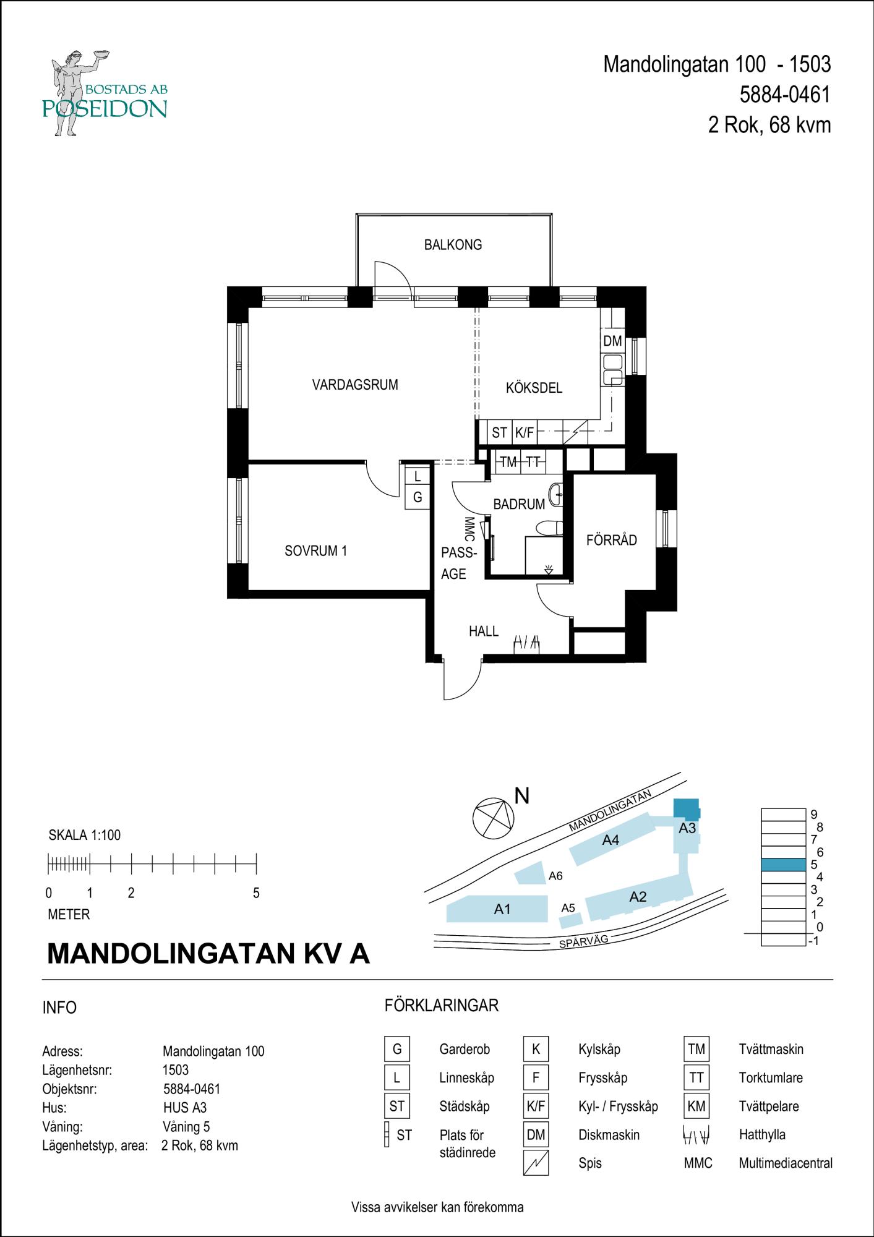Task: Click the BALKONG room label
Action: coord(453,245)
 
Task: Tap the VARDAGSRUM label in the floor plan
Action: coord(355,385)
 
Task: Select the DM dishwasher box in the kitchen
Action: coord(612,341)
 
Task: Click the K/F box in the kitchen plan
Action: coord(524,433)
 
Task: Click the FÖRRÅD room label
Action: coord(611,540)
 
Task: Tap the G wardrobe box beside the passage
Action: coord(418,497)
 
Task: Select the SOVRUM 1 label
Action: coord(315,550)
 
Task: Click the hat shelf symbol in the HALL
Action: coord(526,643)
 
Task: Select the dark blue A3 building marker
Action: coord(685,808)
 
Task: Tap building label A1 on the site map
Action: coord(502,909)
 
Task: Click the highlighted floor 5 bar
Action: coord(783,865)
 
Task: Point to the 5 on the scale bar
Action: coord(256,893)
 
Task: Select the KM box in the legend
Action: coord(696,1106)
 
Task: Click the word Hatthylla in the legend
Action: coord(762,1134)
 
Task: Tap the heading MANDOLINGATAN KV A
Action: coord(208,954)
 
